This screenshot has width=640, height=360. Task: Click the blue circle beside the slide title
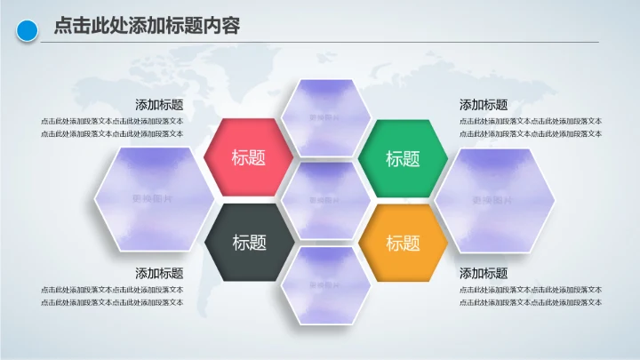tap(28, 31)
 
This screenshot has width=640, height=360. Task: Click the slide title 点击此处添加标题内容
tap(147, 27)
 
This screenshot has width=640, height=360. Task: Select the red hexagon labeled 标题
tap(249, 157)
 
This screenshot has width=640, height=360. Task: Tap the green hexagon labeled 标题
tap(403, 158)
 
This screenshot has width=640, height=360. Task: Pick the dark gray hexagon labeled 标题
tap(249, 242)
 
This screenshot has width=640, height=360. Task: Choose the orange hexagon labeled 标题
tap(403, 243)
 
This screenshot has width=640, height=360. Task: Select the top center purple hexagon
tap(325, 116)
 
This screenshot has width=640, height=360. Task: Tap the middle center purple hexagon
tap(325, 200)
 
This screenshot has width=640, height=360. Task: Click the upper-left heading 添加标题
tap(159, 105)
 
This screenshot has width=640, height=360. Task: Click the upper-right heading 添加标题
tap(484, 105)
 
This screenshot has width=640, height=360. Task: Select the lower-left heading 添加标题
tap(159, 274)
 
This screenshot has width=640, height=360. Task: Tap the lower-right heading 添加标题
tap(484, 274)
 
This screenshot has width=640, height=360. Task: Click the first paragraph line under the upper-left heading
tap(112, 121)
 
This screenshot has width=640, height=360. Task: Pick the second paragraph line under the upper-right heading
tap(530, 133)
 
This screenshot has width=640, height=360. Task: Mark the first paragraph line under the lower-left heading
tap(112, 290)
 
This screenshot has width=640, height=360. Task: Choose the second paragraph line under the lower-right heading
tap(530, 302)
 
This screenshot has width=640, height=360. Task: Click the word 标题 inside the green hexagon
tap(403, 159)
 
